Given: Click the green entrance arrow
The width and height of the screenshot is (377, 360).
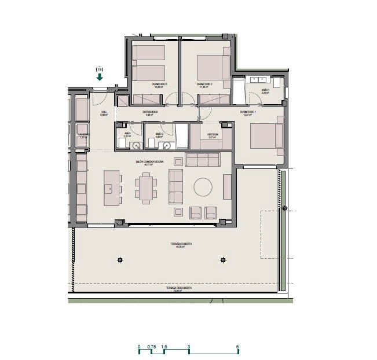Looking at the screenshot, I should [x=100, y=76].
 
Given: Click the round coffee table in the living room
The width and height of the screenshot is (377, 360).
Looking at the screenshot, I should [x=203, y=186].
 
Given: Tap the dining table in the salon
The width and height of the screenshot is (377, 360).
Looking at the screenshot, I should [x=146, y=188].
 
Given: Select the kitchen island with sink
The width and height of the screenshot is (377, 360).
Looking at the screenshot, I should [x=111, y=188].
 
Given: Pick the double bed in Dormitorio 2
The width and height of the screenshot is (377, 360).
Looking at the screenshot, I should [x=210, y=67].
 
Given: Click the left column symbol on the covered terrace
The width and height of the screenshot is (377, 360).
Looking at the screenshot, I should [x=120, y=260].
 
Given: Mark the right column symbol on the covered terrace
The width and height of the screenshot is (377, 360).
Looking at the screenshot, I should [x=224, y=260].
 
